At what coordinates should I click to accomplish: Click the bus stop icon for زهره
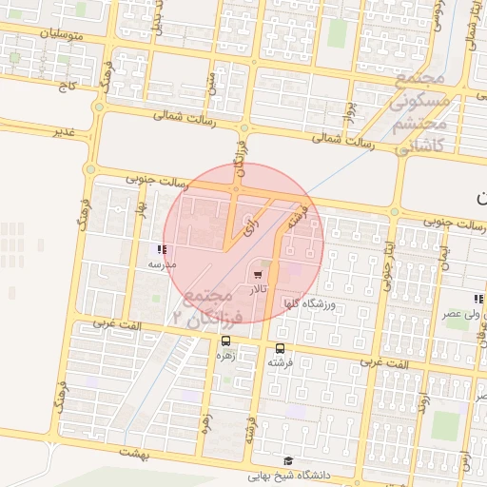(x=225, y=340)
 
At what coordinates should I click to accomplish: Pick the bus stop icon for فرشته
(x=280, y=348)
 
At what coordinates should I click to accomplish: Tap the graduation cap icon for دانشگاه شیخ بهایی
(x=287, y=460)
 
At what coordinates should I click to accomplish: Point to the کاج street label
(x=68, y=86)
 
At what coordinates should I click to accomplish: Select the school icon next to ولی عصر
(x=477, y=299)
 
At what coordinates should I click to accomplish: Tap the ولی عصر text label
(x=461, y=313)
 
